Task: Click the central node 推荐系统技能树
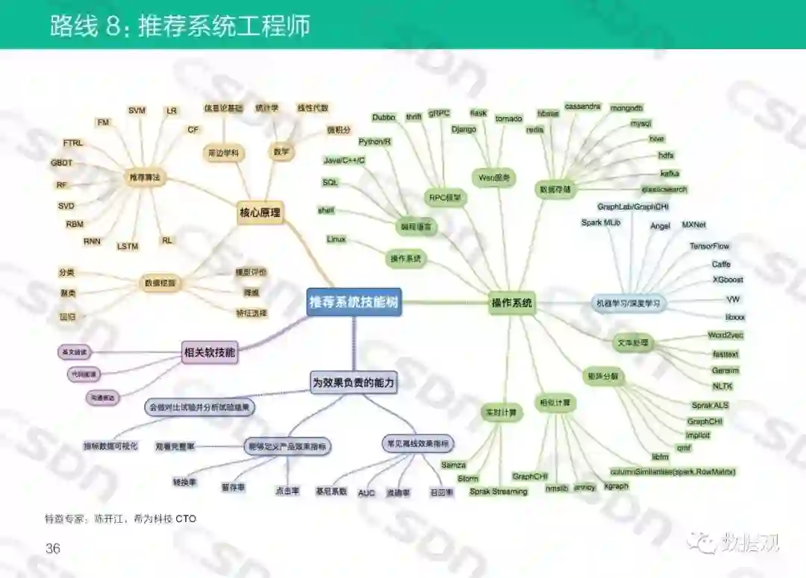[354, 302]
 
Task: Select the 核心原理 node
[260, 213]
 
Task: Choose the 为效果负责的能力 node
[354, 383]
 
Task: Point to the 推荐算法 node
[145, 178]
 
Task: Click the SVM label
[137, 110]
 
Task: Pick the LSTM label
[128, 246]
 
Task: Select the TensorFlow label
[709, 246]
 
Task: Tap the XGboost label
[727, 280]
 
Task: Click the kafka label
[669, 173]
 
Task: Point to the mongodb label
[626, 108]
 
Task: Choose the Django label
[463, 129]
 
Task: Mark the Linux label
[336, 239]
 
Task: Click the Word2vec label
[725, 336]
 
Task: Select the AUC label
[366, 493]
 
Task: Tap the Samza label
[453, 465]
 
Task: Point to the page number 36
[53, 549]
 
